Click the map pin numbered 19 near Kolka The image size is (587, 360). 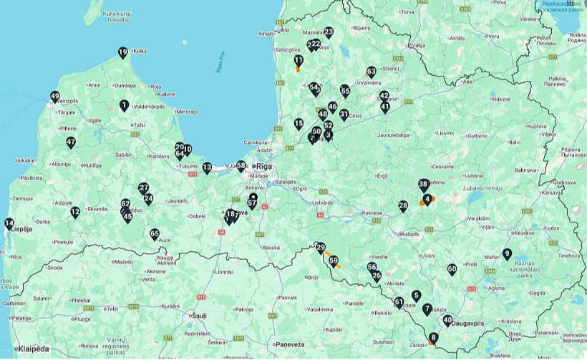click(x=123, y=52)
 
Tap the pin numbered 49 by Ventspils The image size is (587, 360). click(x=55, y=97)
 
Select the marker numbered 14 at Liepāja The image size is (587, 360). click(x=9, y=223)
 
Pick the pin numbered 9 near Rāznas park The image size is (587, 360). click(x=507, y=253)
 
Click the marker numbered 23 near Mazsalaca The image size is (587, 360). click(x=329, y=32)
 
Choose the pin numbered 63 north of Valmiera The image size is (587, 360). click(x=371, y=72)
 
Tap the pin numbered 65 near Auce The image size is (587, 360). click(x=155, y=234)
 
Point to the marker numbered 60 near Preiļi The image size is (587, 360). click(x=452, y=269)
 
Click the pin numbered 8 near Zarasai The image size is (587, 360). click(x=433, y=338)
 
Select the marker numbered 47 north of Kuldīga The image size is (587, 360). click(x=71, y=142)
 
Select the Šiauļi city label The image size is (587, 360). click(x=196, y=315)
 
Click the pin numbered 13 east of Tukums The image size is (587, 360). click(x=207, y=168)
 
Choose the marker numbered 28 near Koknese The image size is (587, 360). click(x=403, y=206)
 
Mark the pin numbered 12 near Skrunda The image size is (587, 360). click(x=75, y=213)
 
